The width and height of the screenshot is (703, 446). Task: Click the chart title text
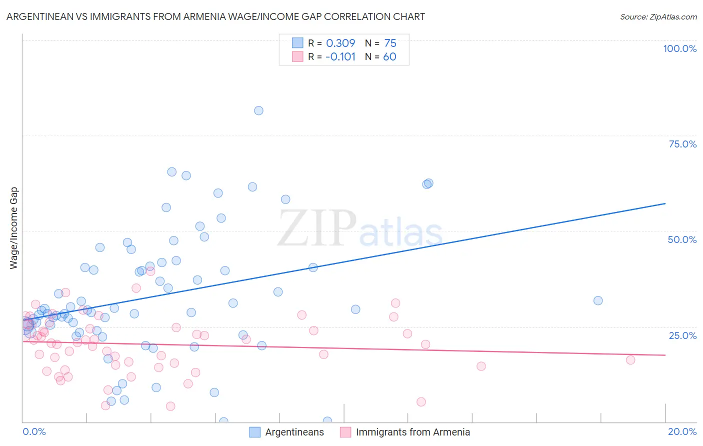215,16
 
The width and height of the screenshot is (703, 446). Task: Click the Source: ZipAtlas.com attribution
658,16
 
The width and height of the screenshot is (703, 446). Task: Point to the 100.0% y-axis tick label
679,48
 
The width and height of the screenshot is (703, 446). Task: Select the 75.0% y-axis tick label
682,144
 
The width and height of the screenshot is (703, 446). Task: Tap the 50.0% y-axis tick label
682,239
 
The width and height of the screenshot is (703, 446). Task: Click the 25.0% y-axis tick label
682,335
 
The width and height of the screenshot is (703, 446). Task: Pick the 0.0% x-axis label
34,431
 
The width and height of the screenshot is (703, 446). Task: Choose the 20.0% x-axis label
682,431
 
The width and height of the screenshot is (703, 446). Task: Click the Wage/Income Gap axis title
14,228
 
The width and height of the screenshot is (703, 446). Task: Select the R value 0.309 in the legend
340,43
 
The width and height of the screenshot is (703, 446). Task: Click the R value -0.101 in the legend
340,57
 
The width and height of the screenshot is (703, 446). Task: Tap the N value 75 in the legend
390,43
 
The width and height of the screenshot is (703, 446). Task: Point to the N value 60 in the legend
389,57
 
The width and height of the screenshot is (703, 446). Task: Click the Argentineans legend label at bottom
294,432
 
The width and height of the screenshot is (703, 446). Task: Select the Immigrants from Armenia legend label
412,432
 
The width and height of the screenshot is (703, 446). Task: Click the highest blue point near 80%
258,110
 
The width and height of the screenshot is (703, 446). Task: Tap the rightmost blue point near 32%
598,300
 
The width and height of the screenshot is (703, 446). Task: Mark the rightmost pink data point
630,360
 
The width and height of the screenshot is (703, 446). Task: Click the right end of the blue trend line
665,203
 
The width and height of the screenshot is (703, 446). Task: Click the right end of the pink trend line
665,355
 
